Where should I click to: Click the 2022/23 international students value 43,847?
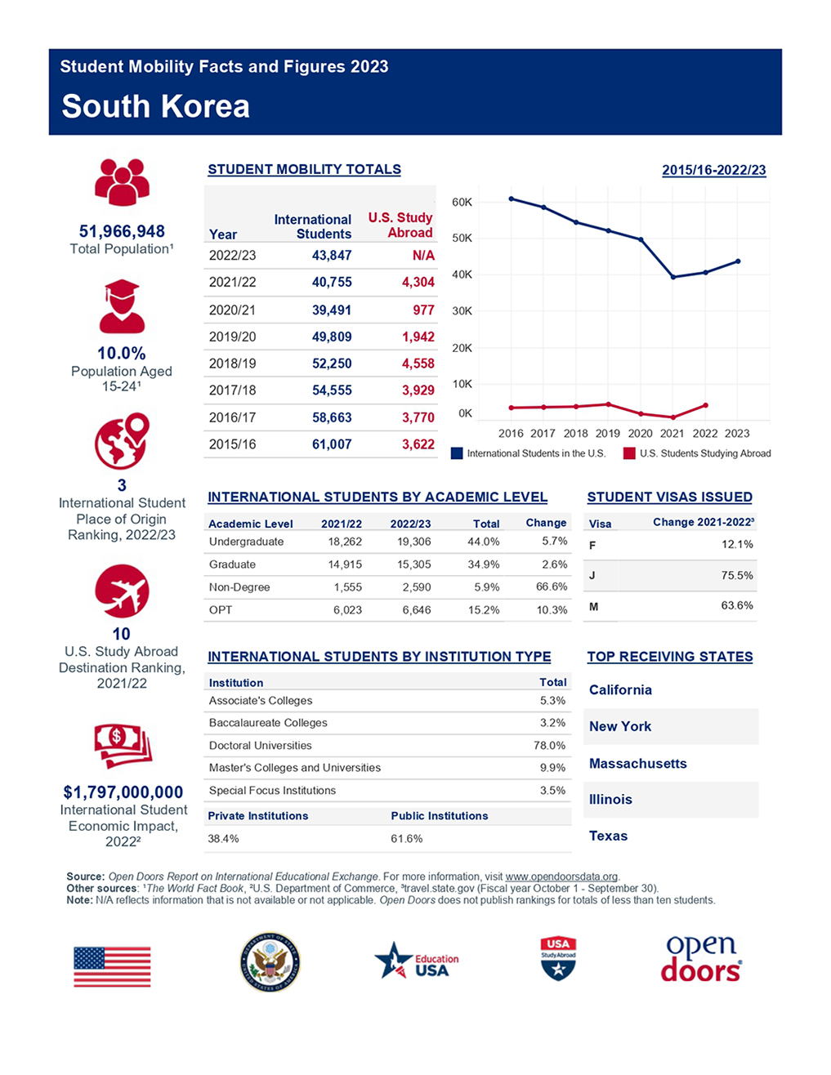[x=332, y=255]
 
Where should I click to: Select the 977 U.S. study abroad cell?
[x=423, y=310]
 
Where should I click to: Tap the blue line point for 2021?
[x=673, y=277]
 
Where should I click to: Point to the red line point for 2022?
[x=705, y=405]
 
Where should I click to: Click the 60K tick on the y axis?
[x=462, y=203]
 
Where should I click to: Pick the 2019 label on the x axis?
[x=607, y=434]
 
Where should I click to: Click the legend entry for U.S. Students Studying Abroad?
[x=697, y=453]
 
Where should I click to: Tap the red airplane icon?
[x=122, y=591]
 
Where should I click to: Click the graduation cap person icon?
[x=122, y=306]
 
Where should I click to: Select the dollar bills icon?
[x=123, y=746]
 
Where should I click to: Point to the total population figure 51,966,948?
[x=122, y=231]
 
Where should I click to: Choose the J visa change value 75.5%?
[x=737, y=575]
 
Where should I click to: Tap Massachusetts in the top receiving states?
[x=637, y=763]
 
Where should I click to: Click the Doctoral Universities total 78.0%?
[x=550, y=745]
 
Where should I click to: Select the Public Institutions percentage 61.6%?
[x=407, y=839]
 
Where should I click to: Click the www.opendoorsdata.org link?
[x=561, y=877]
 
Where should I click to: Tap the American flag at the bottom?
[x=112, y=966]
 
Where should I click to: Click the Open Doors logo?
[x=701, y=959]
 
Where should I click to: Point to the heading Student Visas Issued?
[x=670, y=497]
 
